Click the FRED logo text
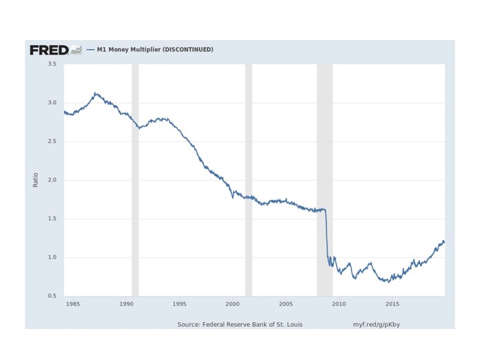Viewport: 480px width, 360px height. (48, 50)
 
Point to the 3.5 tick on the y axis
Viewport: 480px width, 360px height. (51, 64)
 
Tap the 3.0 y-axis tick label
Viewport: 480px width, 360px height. (51, 103)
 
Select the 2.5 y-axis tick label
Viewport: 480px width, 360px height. (51, 141)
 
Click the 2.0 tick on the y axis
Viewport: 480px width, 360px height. (51, 180)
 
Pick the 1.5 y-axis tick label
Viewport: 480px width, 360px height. (51, 219)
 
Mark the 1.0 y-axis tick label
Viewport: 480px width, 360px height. (51, 257)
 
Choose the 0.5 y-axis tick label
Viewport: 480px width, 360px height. (51, 296)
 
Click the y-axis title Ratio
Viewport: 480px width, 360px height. (36, 180)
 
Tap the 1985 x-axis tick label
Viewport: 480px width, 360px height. (72, 303)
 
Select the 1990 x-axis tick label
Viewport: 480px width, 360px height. (126, 303)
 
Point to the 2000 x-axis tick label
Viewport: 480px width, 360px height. (232, 303)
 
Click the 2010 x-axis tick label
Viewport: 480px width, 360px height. (339, 303)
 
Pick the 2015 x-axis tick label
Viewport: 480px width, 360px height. (392, 303)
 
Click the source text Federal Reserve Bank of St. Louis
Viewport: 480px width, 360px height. (239, 323)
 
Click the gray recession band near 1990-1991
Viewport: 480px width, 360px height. (135, 179)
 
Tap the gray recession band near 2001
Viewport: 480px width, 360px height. (248, 179)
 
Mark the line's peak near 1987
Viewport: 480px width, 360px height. (96, 93)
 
